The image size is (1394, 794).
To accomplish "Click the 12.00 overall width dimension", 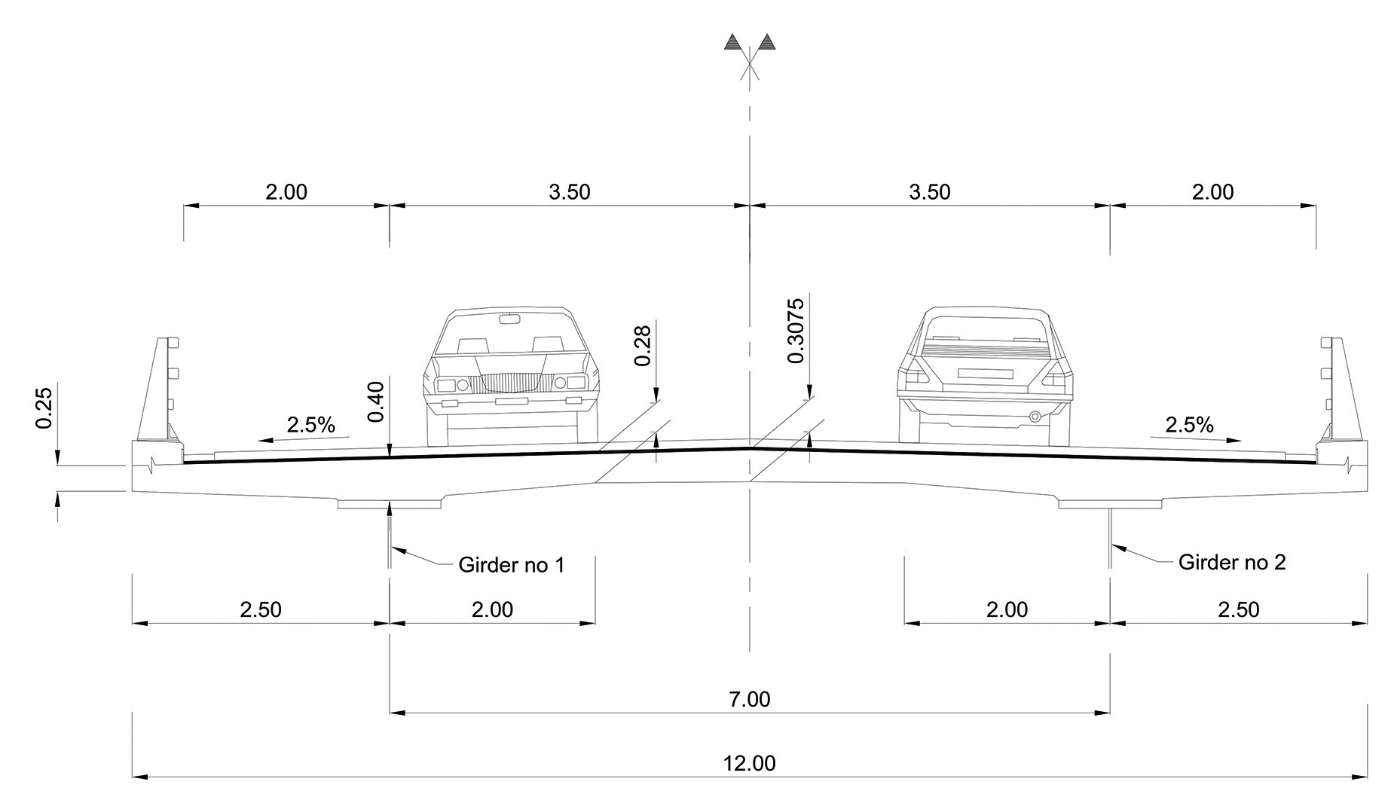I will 749,763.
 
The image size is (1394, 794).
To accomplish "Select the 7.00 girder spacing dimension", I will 749,699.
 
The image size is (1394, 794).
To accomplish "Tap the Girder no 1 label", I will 511,564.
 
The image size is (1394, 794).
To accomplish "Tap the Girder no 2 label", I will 1231,562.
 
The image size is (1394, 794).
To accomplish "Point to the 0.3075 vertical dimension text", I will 796,331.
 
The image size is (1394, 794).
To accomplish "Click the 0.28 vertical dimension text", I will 643,345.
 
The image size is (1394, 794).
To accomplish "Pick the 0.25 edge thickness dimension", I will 44,408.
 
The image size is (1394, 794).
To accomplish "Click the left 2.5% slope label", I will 310,425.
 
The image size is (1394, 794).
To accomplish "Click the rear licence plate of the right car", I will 983,372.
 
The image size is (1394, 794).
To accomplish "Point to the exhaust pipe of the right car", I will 1035,416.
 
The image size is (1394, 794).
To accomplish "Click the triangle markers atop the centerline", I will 748,42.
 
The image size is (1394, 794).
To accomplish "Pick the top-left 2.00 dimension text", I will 286,192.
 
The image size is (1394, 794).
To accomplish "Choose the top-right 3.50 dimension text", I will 929,192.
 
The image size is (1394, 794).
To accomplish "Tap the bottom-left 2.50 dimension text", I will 261,609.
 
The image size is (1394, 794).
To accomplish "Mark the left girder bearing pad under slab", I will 389,503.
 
